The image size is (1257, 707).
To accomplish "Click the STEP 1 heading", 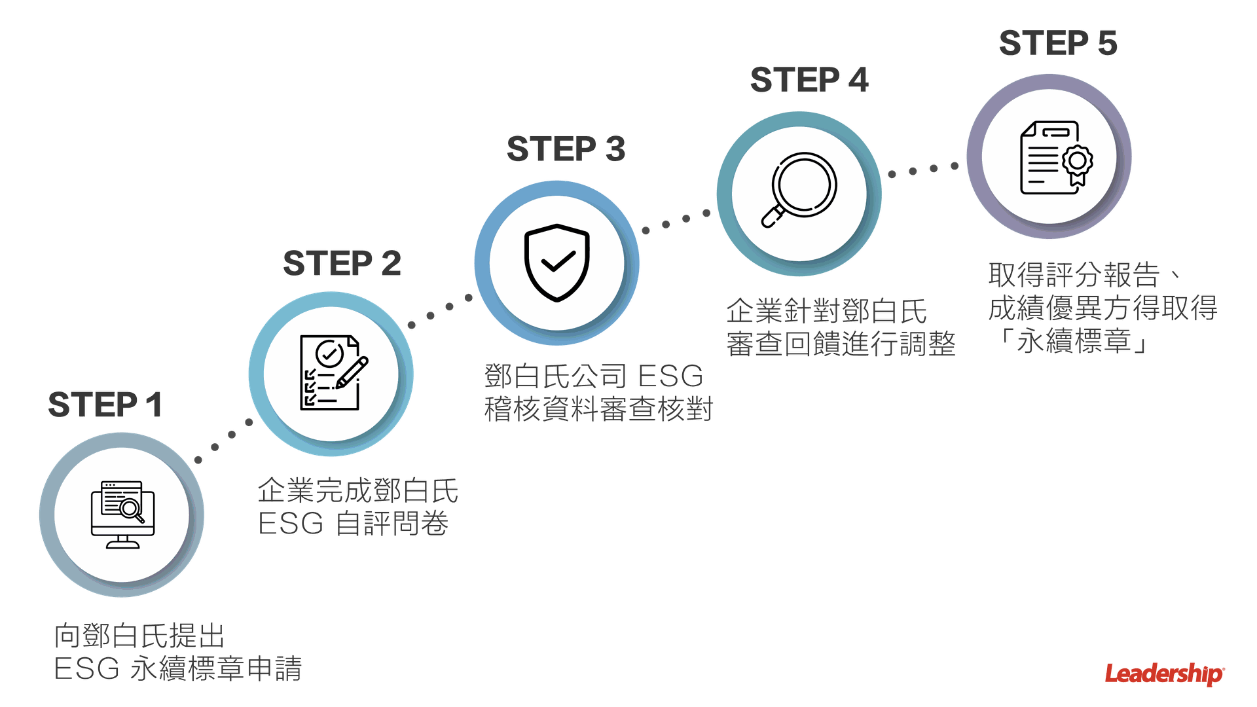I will [x=104, y=405].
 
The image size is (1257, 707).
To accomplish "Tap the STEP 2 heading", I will [x=342, y=263].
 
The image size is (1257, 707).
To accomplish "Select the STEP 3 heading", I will [x=566, y=149].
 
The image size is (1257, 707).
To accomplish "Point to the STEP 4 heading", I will [x=809, y=80].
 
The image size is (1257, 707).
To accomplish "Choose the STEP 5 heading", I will [x=1058, y=43].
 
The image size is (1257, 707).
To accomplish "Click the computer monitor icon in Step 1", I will [x=122, y=515].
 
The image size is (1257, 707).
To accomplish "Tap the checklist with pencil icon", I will [x=331, y=373].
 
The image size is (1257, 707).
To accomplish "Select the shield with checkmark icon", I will [x=557, y=263].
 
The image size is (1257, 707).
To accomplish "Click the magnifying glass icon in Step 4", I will [x=799, y=190].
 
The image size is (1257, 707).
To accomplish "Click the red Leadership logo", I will [x=1165, y=674].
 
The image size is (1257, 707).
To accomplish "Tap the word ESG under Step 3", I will [x=670, y=376].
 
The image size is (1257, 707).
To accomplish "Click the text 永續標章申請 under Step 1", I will [x=216, y=669].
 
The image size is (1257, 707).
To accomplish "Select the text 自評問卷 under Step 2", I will [x=392, y=524].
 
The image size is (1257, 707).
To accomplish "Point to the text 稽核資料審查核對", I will [x=598, y=410].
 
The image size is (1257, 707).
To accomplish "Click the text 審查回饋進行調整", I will [x=841, y=344].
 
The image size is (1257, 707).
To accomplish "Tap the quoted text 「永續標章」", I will [x=1074, y=341].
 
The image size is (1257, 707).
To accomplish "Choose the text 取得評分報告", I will [x=1074, y=275].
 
